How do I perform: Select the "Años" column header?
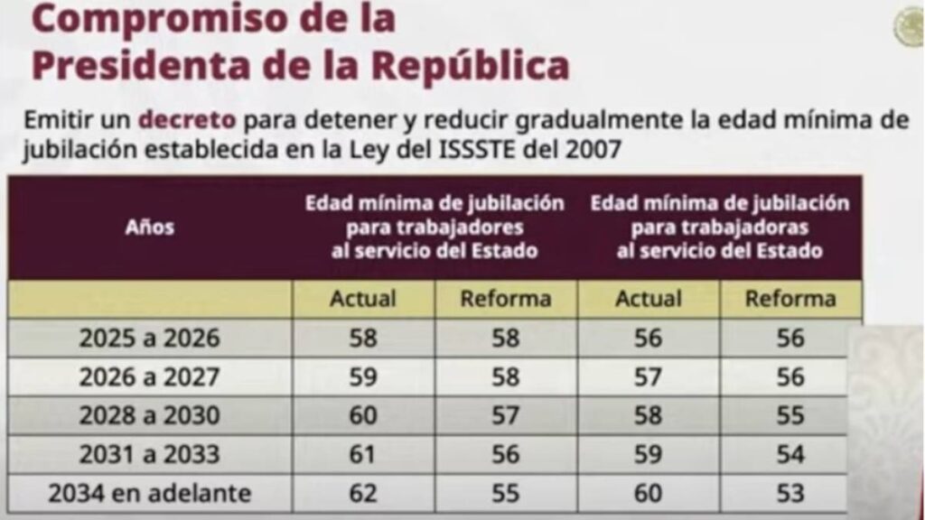pyautogui.click(x=149, y=227)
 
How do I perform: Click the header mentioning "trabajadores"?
pyautogui.click(x=434, y=227)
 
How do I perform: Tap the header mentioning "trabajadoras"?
pyautogui.click(x=720, y=227)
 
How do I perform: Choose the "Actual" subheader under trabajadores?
pyautogui.click(x=363, y=299)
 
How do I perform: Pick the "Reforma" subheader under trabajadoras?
pyautogui.click(x=790, y=299)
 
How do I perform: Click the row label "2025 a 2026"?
pyautogui.click(x=149, y=339)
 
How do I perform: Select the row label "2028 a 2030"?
pyautogui.click(x=149, y=416)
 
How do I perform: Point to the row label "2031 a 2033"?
pyautogui.click(x=149, y=455)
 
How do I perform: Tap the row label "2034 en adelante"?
pyautogui.click(x=149, y=494)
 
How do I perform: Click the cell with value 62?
pyautogui.click(x=363, y=494)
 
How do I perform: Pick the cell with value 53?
pyautogui.click(x=790, y=494)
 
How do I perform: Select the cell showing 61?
pyautogui.click(x=363, y=455)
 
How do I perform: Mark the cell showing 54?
pyautogui.click(x=790, y=455)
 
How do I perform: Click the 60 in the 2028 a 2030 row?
pyautogui.click(x=363, y=416)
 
